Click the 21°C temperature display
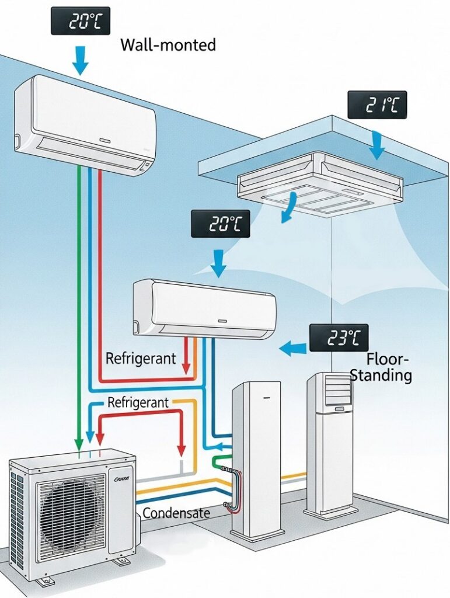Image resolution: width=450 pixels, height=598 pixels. coord(376,106)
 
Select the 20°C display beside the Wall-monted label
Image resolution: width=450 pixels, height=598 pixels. coord(80,23)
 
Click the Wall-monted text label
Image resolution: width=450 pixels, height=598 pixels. coord(168,45)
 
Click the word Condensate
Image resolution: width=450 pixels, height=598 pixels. coord(176,513)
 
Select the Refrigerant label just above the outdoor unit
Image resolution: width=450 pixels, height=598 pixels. coord(138,402)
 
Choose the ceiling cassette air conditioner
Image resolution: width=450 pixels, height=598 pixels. coord(320,181)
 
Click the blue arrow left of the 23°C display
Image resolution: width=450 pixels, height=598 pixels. coord(292,349)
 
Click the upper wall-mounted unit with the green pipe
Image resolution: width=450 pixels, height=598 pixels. coord(86,123)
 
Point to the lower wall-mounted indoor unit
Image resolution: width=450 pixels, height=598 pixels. coord(204,308)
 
